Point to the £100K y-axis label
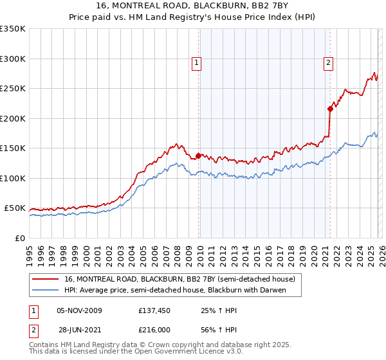[13, 178]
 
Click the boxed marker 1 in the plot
[196, 62]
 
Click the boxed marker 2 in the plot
[328, 62]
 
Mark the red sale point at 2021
[330, 109]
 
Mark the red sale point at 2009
[198, 156]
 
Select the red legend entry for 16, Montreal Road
[179, 279]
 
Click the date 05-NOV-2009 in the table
[80, 310]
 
